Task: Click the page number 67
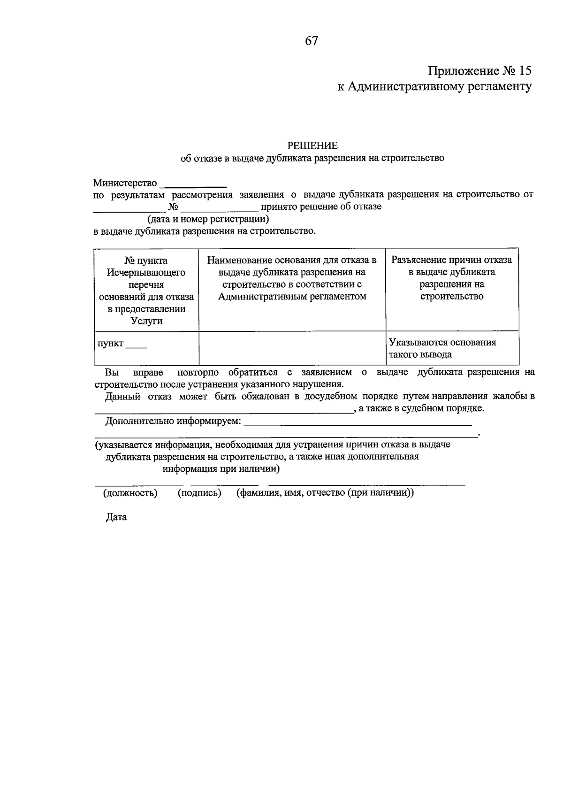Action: pos(312,41)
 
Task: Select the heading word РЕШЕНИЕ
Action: pos(312,146)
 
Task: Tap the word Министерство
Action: pos(125,183)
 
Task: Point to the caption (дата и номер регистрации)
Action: pos(208,219)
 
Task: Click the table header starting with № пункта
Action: pos(146,290)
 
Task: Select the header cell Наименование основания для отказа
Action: pos(292,278)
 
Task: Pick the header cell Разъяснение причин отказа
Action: pos(451,278)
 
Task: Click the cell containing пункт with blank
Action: pos(122,344)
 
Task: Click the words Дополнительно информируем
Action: pos(173,421)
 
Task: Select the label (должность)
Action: pos(130,493)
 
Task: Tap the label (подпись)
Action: pos(199,493)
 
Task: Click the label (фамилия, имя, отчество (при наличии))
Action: pos(325,493)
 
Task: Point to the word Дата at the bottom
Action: pos(116,517)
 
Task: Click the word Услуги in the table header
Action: pos(146,321)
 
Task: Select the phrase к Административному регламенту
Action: pos(434,87)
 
